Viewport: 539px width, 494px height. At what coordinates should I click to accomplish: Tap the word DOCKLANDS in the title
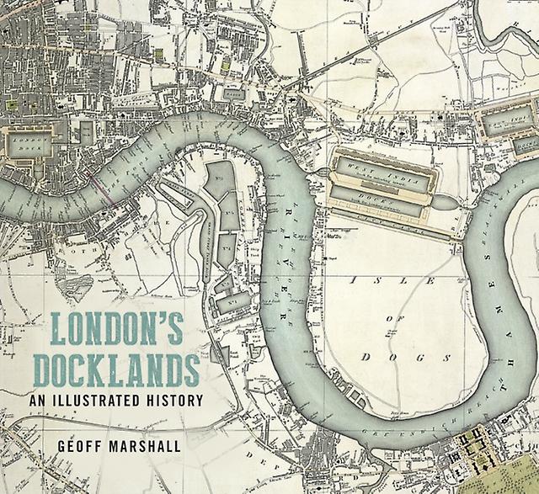click(124, 369)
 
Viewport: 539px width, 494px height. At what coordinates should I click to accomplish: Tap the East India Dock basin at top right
click(505, 123)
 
